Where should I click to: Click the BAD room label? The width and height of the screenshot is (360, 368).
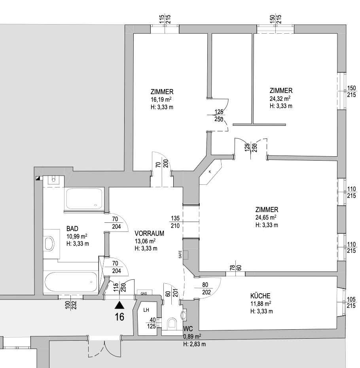[x=72, y=229]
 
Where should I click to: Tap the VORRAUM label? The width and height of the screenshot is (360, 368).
[x=149, y=233]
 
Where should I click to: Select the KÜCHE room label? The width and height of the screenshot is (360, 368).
[x=260, y=296]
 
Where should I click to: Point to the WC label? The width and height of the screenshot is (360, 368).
[x=188, y=328]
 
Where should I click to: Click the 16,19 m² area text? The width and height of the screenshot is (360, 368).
[x=161, y=99]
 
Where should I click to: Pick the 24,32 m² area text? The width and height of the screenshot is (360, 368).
[x=280, y=98]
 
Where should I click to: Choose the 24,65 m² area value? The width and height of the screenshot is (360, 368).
[x=266, y=217]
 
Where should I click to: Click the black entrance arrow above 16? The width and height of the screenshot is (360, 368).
[x=119, y=305]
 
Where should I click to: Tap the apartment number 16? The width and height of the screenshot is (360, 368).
[x=119, y=317]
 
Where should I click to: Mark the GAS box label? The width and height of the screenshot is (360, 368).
[x=144, y=293]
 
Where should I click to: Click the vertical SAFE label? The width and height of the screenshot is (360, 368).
[x=180, y=254]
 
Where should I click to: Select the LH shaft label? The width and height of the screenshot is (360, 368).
[x=146, y=310]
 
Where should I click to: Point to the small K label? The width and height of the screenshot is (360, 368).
[x=210, y=172]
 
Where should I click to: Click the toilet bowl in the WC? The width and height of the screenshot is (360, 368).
[x=172, y=323]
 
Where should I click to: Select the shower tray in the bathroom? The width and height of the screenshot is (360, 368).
[x=84, y=199]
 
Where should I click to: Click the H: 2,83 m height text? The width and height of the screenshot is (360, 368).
[x=195, y=344]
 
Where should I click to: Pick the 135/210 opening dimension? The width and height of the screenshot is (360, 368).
[x=175, y=222]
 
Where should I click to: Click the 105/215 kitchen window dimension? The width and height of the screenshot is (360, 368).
[x=351, y=303]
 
